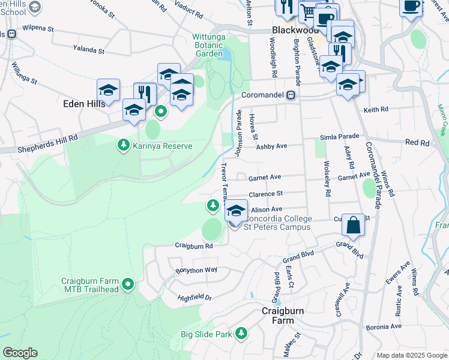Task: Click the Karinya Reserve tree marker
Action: coord(124,145)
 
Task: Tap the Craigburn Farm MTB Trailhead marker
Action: coord(128,284)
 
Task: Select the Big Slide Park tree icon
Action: coord(241,333)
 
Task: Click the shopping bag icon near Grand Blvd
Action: coord(354,226)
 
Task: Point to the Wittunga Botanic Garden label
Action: coord(215,45)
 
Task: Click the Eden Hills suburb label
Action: coord(85,103)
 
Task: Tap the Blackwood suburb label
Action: coord(295,30)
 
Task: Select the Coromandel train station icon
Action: coord(291,95)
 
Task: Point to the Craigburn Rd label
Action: coord(194,245)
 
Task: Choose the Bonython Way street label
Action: coord(196,270)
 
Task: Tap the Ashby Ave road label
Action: coord(272,146)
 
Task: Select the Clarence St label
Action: coord(265,194)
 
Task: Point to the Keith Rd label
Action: coord(376,110)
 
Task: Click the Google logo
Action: coord(20,353)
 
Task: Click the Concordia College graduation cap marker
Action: coord(237,211)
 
